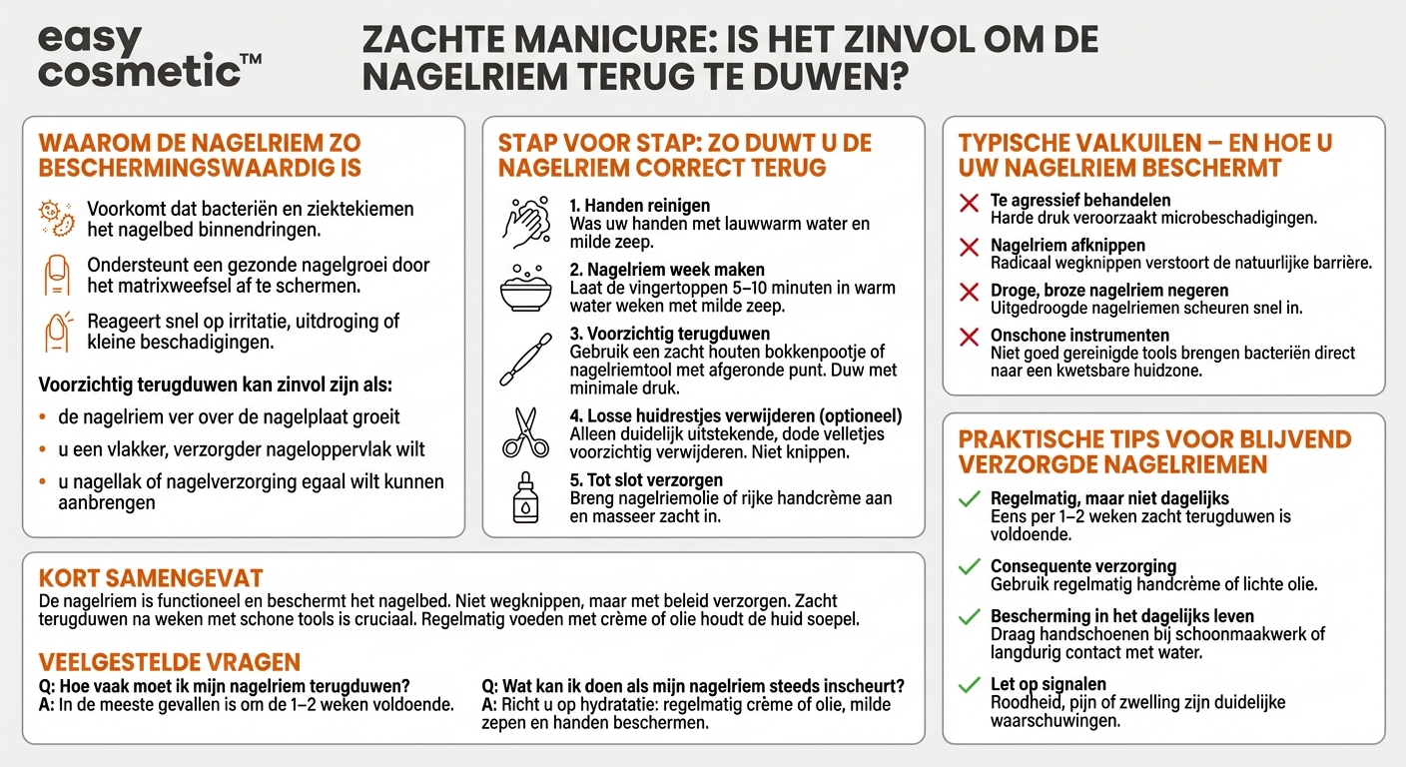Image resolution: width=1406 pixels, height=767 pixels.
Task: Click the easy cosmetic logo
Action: (149, 57)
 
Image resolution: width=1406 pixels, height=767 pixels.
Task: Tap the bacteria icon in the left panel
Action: (56, 218)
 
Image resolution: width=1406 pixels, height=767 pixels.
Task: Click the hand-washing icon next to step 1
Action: (525, 221)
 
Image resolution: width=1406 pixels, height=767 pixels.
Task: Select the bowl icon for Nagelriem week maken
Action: (525, 287)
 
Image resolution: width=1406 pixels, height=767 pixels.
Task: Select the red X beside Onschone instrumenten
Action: (968, 338)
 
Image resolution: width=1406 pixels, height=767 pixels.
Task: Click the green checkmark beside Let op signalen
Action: (968, 686)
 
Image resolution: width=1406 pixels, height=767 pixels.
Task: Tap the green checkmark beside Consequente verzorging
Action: (968, 567)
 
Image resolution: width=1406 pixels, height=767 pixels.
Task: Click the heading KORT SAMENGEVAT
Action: (151, 578)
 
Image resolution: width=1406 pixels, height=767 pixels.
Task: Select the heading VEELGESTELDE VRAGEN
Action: (169, 663)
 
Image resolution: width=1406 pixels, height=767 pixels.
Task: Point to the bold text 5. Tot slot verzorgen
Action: (646, 480)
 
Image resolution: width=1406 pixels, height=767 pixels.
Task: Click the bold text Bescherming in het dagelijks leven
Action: (1122, 616)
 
